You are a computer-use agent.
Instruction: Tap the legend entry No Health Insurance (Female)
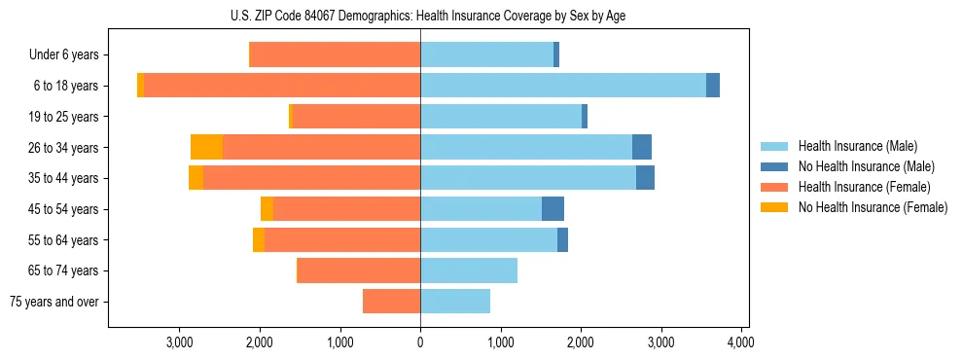pyautogui.click(x=873, y=207)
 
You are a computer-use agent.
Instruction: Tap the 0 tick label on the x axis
pyautogui.click(x=420, y=342)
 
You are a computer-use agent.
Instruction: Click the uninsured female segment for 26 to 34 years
pyautogui.click(x=206, y=147)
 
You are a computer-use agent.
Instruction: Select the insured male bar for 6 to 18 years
pyautogui.click(x=563, y=86)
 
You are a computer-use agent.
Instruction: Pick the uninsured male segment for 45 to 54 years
pyautogui.click(x=553, y=208)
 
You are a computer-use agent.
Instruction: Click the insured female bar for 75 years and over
pyautogui.click(x=391, y=302)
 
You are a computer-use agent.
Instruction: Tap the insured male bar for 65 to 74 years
pyautogui.click(x=469, y=270)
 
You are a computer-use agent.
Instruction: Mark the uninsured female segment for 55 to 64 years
pyautogui.click(x=259, y=239)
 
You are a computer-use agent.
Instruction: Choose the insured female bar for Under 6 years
pyautogui.click(x=336, y=55)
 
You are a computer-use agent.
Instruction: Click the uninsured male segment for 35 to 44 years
pyautogui.click(x=645, y=178)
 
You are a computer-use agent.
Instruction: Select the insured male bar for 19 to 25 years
pyautogui.click(x=501, y=117)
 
